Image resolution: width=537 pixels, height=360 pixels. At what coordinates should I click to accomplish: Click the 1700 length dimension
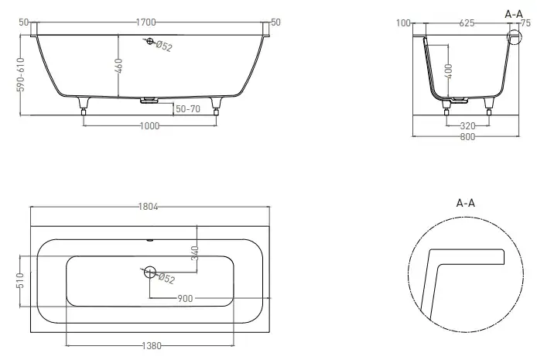[x=146, y=22]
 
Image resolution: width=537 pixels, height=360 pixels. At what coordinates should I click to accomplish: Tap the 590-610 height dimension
[x=21, y=74]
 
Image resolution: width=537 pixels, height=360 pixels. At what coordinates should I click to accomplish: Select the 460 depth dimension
[x=118, y=66]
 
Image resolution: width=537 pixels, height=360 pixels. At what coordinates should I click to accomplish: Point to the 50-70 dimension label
[x=188, y=109]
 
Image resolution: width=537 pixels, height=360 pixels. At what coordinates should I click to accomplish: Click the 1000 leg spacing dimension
[x=149, y=126]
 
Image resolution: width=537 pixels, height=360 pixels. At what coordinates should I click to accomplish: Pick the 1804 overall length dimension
[x=148, y=207]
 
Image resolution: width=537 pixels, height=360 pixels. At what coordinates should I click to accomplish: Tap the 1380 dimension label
[x=152, y=345]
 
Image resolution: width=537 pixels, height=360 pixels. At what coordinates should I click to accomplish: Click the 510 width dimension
[x=20, y=280]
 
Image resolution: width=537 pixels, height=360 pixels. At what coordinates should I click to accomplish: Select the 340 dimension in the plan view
[x=194, y=253]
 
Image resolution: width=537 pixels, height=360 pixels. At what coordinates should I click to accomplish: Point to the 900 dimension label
[x=185, y=299]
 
